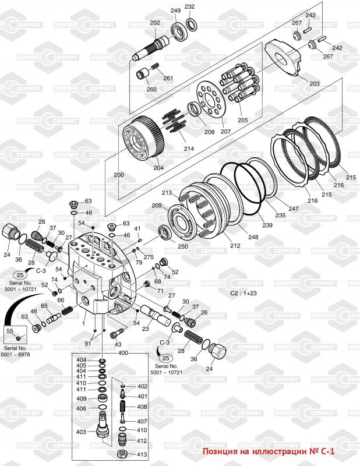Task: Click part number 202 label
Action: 154,23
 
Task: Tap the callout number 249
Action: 175,11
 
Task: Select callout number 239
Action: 267,225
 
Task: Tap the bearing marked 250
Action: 167,234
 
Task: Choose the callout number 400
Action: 123,354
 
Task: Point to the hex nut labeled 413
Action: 123,453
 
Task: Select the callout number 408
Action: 142,407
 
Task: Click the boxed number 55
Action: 9,331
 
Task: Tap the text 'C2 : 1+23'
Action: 244,294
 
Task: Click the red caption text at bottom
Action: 278,451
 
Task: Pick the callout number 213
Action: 167,193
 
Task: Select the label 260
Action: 151,89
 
